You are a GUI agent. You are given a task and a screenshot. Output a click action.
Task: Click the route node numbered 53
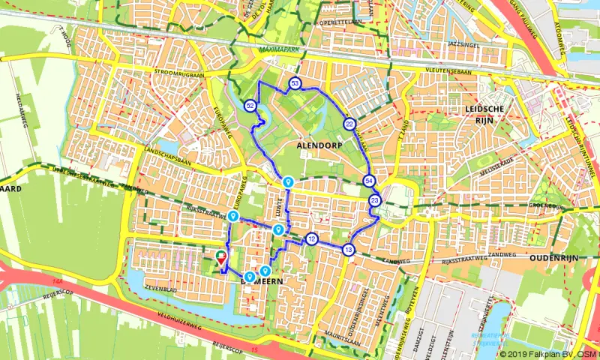pyautogui.click(x=295, y=83)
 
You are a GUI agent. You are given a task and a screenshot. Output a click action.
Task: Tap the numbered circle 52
pyautogui.click(x=250, y=106)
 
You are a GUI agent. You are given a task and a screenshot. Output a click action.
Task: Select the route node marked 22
pyautogui.click(x=349, y=124)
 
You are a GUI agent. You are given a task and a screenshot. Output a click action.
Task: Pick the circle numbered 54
pyautogui.click(x=369, y=181)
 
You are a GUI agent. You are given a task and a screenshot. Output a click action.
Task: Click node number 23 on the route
pyautogui.click(x=374, y=200)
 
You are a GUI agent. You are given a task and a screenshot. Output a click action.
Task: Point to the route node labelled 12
pyautogui.click(x=312, y=239)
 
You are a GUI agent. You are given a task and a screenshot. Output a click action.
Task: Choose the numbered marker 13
pyautogui.click(x=349, y=249)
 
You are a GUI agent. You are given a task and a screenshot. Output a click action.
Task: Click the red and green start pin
pyautogui.click(x=221, y=257)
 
